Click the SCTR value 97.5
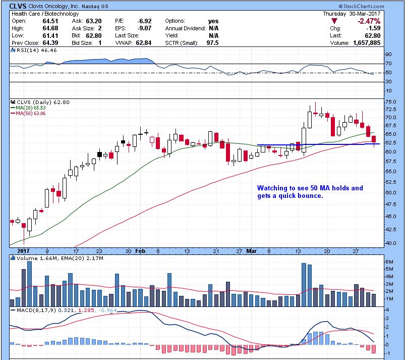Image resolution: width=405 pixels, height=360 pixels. point(213,43)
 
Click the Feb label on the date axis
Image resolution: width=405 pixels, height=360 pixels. point(141,251)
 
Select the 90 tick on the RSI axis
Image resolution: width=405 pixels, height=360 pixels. point(389,54)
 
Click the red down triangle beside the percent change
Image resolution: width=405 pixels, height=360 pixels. point(334,21)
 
